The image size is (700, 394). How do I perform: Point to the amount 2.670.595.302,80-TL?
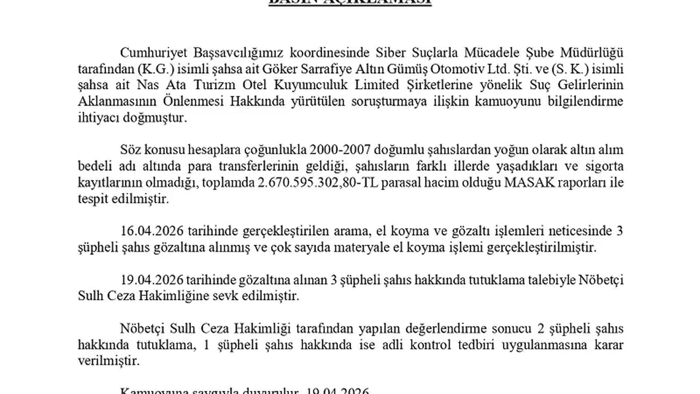[309, 183]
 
